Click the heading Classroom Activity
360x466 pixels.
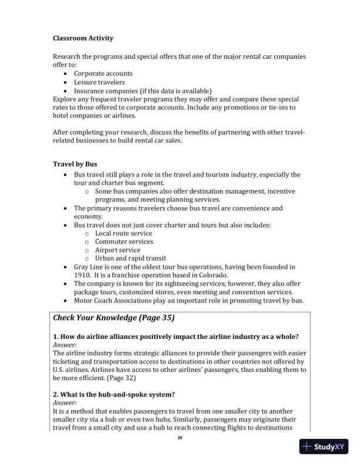83,38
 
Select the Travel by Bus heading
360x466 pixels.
75,163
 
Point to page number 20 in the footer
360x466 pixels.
180,438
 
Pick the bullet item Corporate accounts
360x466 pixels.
103,74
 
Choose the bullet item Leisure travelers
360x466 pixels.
99,82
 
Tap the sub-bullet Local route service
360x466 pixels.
124,233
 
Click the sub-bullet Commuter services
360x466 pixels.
124,241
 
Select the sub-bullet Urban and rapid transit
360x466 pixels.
130,258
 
